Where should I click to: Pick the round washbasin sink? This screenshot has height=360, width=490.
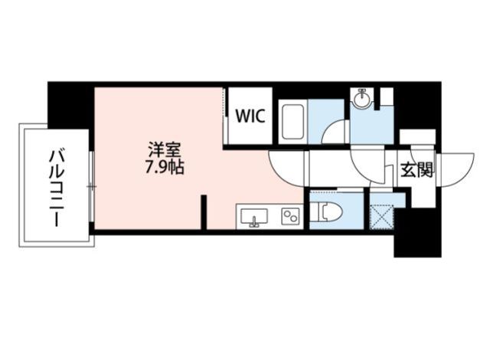(361, 100)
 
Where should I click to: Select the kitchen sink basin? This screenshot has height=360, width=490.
(254, 217)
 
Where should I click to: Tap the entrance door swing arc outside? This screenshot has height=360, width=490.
(458, 164)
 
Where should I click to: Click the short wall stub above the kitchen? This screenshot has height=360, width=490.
(205, 211)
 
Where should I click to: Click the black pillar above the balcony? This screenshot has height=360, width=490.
(69, 103)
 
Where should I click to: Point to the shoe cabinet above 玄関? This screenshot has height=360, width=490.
(417, 138)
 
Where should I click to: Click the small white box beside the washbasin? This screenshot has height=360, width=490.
(386, 97)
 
